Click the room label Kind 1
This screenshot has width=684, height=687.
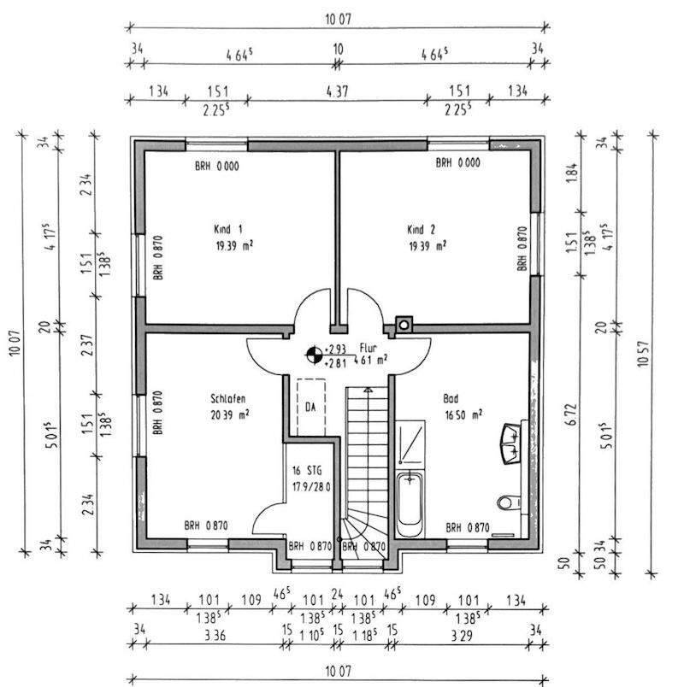click(228, 229)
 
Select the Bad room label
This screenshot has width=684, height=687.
click(450, 398)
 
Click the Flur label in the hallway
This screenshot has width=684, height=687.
click(368, 349)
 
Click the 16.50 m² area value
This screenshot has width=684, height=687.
click(461, 414)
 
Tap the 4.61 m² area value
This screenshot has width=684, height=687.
click(369, 360)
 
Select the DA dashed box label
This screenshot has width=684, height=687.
click(311, 408)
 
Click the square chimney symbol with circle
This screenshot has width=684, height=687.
click(403, 325)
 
